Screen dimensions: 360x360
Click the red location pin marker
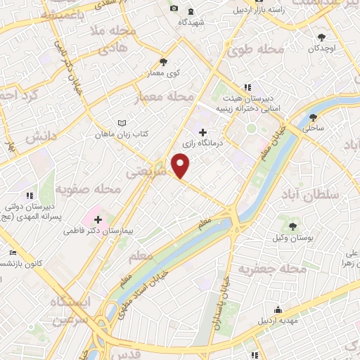click(x=181, y=166)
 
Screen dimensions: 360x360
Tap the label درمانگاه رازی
click(x=202, y=144)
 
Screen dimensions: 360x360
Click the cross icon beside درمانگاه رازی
click(x=203, y=132)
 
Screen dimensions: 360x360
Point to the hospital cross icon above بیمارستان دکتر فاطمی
click(x=98, y=219)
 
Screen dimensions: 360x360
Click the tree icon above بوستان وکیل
click(x=292, y=226)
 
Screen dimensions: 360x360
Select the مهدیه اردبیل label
click(x=279, y=322)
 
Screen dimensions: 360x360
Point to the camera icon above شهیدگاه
click(x=174, y=9)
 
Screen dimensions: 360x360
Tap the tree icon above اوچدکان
click(x=321, y=37)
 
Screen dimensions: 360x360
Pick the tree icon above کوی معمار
click(x=163, y=62)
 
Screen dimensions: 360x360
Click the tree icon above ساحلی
click(x=312, y=117)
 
